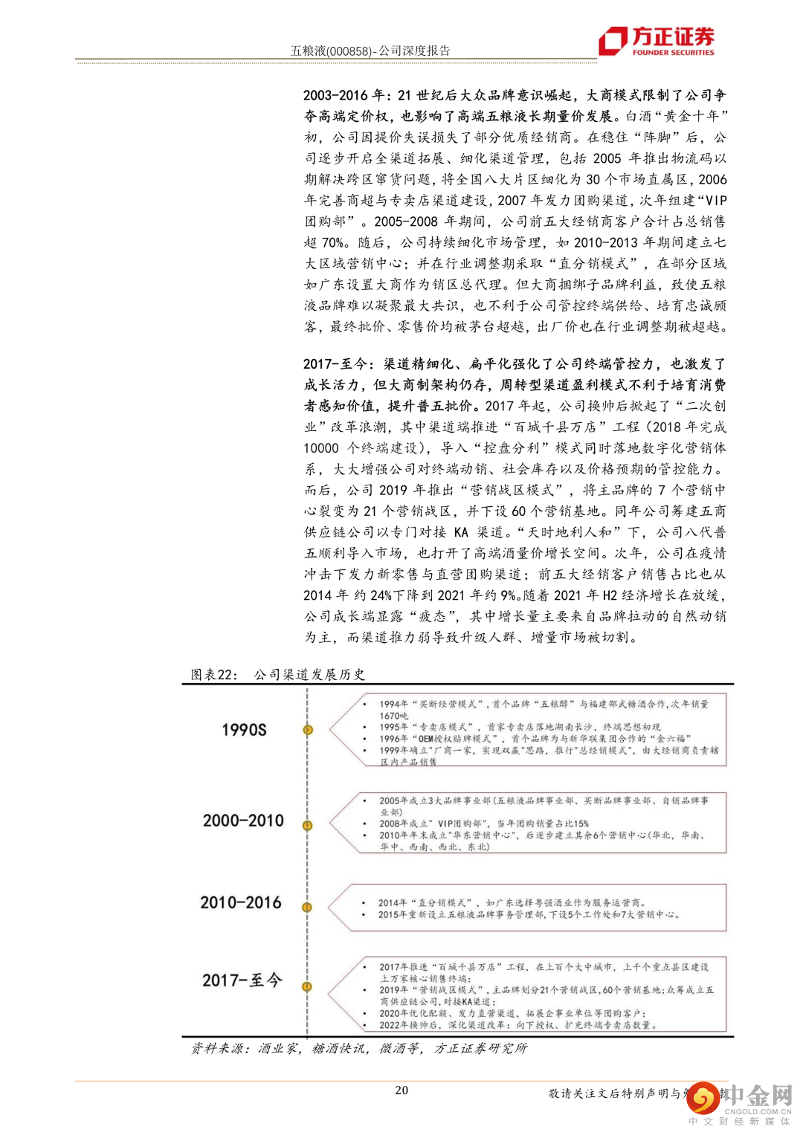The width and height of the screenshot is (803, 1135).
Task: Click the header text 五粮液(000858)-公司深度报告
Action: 370,51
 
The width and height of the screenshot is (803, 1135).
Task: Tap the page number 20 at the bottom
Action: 401,1090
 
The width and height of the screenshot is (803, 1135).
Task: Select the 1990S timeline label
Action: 244,730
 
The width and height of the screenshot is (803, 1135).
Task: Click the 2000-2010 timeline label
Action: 243,821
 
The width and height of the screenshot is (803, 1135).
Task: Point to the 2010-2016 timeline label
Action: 241,902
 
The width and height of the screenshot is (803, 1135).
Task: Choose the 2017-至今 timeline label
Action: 242,980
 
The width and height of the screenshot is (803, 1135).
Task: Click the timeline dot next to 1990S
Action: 307,730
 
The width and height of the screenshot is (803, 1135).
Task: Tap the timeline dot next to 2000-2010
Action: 307,825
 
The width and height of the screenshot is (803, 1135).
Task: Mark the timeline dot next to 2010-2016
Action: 307,907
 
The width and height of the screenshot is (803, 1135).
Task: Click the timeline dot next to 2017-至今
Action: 307,986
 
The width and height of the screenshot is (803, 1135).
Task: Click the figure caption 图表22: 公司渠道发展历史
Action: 278,674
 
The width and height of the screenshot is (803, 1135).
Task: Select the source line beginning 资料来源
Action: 358,1048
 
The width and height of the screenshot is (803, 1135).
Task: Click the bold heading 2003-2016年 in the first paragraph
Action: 344,95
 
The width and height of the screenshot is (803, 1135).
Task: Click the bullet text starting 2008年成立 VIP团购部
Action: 483,824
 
